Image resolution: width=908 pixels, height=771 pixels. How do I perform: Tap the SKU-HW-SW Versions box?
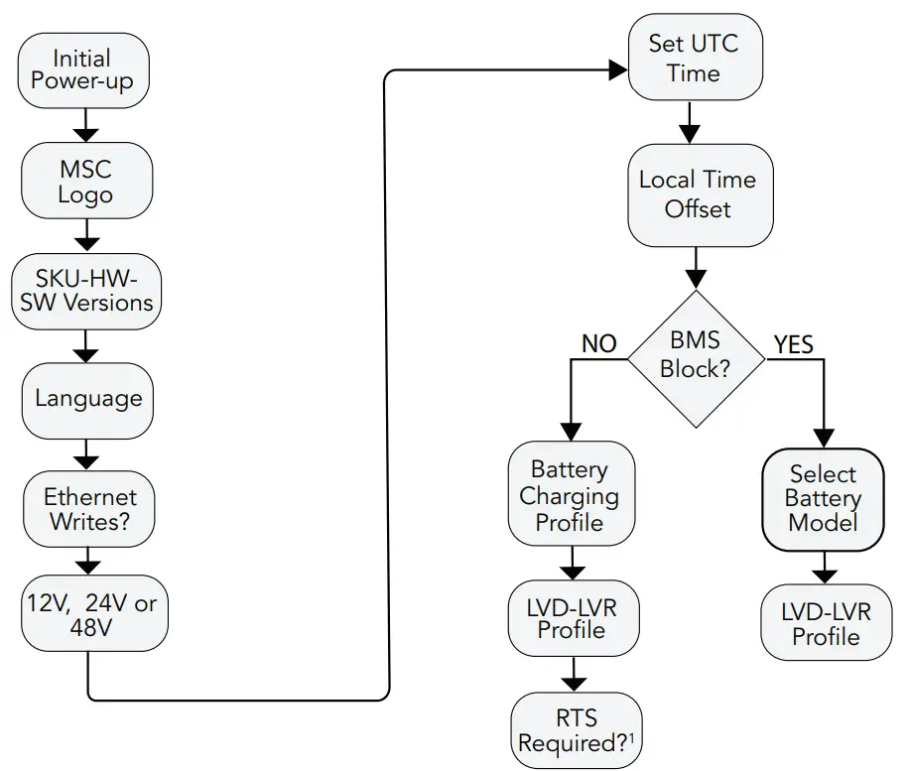pyautogui.click(x=87, y=290)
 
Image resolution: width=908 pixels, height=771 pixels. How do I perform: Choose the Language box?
pyautogui.click(x=88, y=400)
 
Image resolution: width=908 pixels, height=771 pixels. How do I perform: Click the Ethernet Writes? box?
pyautogui.click(x=89, y=509)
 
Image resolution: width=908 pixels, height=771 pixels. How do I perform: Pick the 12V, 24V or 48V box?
pyautogui.click(x=91, y=614)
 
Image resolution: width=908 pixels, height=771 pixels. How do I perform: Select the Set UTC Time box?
pyautogui.click(x=693, y=59)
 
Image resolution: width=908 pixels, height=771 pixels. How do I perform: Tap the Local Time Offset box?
pyautogui.click(x=699, y=194)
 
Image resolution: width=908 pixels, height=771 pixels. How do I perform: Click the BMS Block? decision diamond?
pyautogui.click(x=697, y=357)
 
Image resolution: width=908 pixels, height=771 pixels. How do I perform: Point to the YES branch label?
pyautogui.click(x=793, y=344)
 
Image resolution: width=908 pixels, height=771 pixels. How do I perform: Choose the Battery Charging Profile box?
pyautogui.click(x=570, y=495)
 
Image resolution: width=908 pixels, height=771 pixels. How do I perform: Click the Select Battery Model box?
pyautogui.click(x=823, y=499)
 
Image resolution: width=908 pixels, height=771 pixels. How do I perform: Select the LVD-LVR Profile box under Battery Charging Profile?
pyautogui.click(x=573, y=618)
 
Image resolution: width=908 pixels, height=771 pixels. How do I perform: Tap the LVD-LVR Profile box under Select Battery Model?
pyautogui.click(x=826, y=623)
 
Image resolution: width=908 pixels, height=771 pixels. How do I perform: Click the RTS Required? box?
pyautogui.click(x=576, y=730)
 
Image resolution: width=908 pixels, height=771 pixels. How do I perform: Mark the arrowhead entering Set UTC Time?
pyautogui.click(x=618, y=69)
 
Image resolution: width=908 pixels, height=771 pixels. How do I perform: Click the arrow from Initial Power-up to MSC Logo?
pyautogui.click(x=87, y=125)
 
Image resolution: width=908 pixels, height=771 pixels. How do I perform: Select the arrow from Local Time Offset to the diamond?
pyautogui.click(x=699, y=267)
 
